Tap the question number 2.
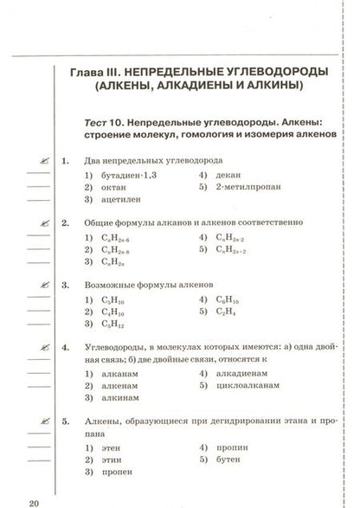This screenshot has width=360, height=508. click(66, 222)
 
